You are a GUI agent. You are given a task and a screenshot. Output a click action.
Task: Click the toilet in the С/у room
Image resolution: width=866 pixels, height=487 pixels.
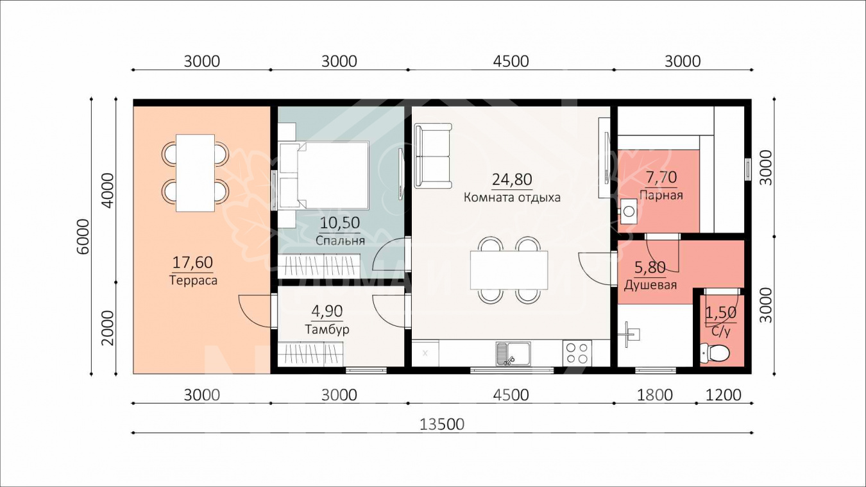click(x=715, y=353)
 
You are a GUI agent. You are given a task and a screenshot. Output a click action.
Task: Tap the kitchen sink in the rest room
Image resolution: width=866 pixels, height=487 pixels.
click(x=513, y=354)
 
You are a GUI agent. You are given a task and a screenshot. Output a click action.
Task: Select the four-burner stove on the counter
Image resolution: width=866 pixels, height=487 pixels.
click(x=577, y=353)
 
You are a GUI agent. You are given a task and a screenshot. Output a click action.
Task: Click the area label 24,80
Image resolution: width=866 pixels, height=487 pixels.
click(x=512, y=180)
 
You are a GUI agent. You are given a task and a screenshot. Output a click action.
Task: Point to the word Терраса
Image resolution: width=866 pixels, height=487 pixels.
click(x=193, y=280)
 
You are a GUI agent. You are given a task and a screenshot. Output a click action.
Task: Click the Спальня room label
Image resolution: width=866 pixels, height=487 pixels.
click(x=340, y=241)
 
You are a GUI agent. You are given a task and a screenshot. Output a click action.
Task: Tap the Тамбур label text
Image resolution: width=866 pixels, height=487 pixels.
click(x=327, y=329)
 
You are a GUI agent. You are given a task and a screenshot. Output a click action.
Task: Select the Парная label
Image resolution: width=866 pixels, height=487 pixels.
click(x=661, y=195)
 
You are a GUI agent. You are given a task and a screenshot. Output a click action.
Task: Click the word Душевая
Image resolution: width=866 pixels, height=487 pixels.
click(x=650, y=286)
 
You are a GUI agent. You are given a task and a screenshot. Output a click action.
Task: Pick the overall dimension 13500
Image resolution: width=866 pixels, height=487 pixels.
click(x=442, y=424)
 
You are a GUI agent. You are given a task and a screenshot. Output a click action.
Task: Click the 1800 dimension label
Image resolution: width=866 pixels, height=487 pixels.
click(x=654, y=395)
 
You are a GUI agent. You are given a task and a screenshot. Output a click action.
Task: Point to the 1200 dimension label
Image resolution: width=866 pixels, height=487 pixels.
click(x=724, y=395)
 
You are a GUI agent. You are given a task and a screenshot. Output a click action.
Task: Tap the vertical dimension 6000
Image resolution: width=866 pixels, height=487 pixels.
click(x=83, y=236)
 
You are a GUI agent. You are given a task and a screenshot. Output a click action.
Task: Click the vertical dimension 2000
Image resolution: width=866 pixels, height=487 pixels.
click(x=108, y=328)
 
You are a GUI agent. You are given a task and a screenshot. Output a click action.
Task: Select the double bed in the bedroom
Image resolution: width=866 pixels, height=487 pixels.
click(x=324, y=175)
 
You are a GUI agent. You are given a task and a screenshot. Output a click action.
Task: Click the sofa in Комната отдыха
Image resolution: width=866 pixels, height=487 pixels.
click(x=433, y=156)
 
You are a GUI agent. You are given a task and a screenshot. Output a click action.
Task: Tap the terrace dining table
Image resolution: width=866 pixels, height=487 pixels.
click(x=195, y=173)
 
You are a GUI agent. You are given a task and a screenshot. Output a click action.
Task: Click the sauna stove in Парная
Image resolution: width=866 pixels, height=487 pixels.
click(x=629, y=212)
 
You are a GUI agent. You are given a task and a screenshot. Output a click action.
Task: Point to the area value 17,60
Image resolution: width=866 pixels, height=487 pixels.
click(x=192, y=262)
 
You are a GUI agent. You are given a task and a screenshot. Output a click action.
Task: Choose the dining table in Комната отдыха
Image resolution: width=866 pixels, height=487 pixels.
click(x=509, y=270)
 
